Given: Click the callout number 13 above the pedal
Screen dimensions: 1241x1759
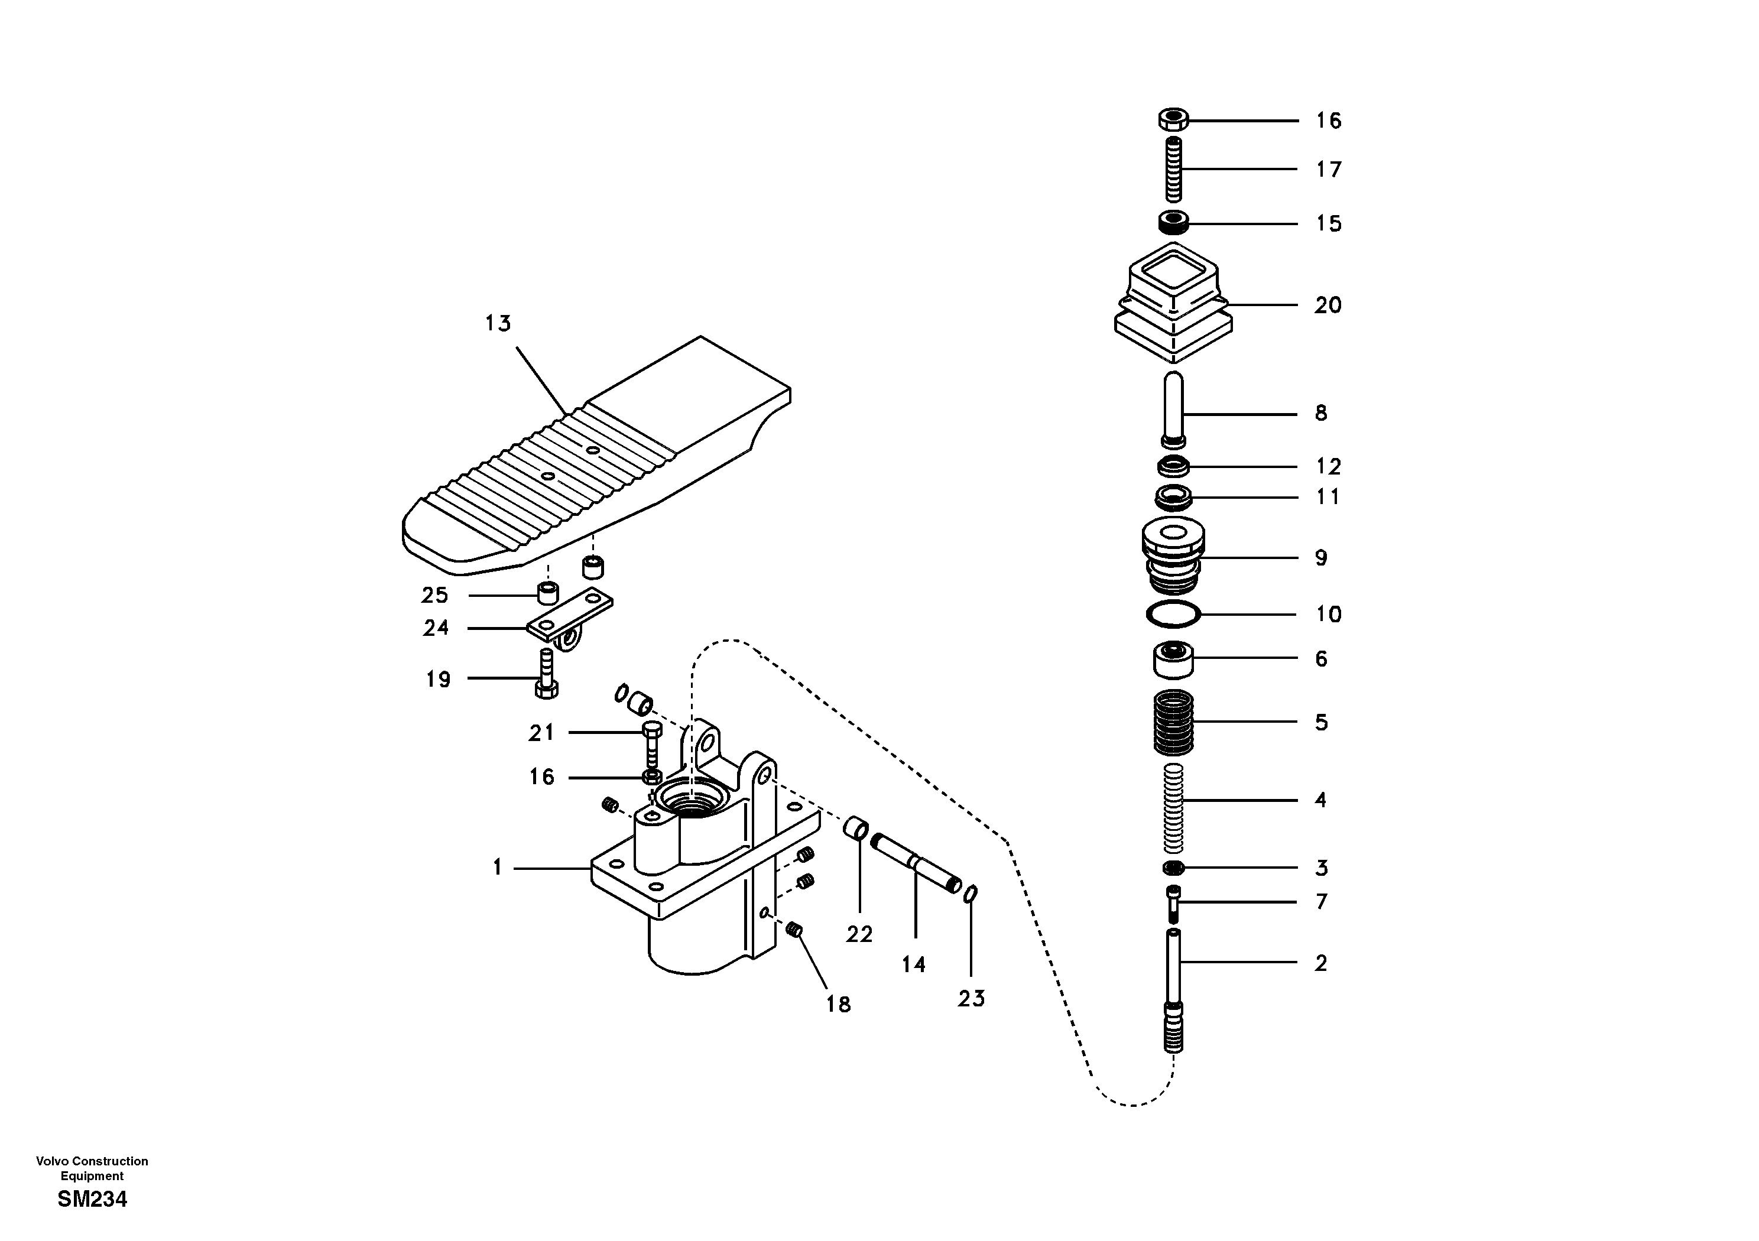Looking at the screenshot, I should [x=498, y=324].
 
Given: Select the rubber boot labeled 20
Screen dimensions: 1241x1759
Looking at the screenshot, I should [x=1173, y=305].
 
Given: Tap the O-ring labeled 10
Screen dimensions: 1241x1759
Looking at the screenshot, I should [x=1174, y=613].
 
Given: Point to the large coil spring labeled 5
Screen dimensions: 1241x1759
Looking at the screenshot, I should [x=1174, y=722].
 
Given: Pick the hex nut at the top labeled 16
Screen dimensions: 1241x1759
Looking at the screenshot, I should [x=1172, y=121].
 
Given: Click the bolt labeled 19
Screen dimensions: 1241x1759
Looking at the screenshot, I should [x=546, y=673].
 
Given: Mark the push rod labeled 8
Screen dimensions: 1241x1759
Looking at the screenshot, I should [x=1173, y=408].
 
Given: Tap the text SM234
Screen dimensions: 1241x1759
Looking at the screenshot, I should [x=92, y=1199].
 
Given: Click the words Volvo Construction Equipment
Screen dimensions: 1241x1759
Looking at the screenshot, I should [x=92, y=1168].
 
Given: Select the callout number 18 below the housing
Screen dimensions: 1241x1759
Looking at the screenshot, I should [x=838, y=1003].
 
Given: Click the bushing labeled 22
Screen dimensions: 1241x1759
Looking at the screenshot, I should [x=857, y=829].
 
